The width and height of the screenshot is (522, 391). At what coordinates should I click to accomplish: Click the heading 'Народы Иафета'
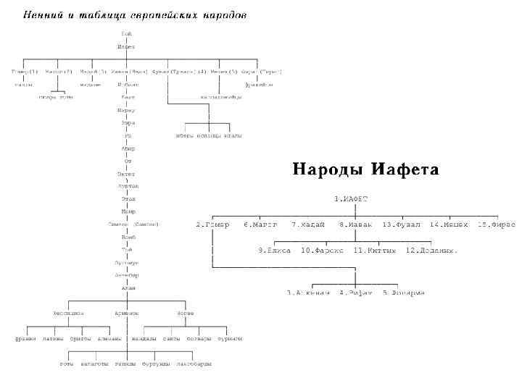point(365,169)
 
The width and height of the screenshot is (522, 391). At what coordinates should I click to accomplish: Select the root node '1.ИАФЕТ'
point(352,198)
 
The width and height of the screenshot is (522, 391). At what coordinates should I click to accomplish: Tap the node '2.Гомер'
point(212,224)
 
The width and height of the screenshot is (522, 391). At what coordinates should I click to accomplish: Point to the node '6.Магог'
point(260,224)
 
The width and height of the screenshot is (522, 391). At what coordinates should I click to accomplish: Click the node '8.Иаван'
point(355,224)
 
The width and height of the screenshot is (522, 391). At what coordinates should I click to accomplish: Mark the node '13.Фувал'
point(402,224)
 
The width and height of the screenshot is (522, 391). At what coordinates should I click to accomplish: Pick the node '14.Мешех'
point(449,224)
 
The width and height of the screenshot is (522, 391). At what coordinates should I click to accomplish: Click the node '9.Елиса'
point(275,251)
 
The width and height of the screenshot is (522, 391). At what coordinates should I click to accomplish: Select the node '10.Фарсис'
point(323,251)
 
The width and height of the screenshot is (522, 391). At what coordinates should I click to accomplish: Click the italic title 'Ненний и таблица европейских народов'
point(135,14)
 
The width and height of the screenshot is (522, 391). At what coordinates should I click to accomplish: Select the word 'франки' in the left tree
point(27,338)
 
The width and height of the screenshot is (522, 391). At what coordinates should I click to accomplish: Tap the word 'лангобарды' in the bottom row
point(194,363)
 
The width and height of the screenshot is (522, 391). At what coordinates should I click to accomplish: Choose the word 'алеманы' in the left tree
point(109,338)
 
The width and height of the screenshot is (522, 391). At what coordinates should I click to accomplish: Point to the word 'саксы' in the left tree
point(172,338)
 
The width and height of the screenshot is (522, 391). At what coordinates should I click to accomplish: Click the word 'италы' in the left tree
point(233,135)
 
